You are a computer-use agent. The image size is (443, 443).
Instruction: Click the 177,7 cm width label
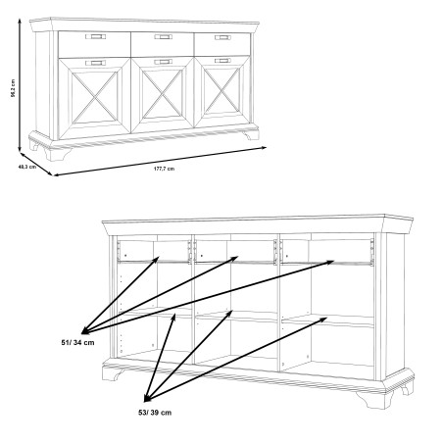(164, 169)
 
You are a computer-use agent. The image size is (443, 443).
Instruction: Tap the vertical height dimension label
(13, 88)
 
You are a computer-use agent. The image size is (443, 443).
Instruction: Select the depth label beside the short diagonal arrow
(27, 167)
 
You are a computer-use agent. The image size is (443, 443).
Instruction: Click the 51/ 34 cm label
(77, 342)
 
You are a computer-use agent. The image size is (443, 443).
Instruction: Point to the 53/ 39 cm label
(155, 413)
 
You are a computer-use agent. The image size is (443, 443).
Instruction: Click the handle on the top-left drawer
(95, 36)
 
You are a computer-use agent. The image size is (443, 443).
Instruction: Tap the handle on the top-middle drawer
(163, 37)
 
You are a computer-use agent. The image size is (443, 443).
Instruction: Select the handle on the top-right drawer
(222, 37)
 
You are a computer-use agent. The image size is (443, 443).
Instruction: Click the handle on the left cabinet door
(95, 63)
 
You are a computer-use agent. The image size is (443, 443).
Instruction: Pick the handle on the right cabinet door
(222, 61)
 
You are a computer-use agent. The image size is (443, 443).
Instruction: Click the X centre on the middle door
(163, 94)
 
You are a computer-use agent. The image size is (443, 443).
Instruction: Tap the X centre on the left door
(94, 97)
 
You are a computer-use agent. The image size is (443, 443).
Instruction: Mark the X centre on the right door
(221, 91)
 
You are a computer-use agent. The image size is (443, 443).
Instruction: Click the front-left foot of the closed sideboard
(58, 154)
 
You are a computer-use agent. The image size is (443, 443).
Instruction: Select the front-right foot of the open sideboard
(375, 399)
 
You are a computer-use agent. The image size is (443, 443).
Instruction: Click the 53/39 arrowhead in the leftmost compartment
(174, 316)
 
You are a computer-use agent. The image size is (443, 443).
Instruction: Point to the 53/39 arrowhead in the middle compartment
(231, 312)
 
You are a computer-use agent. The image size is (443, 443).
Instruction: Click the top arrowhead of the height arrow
(20, 21)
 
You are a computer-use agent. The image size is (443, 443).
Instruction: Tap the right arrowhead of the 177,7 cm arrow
(266, 147)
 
